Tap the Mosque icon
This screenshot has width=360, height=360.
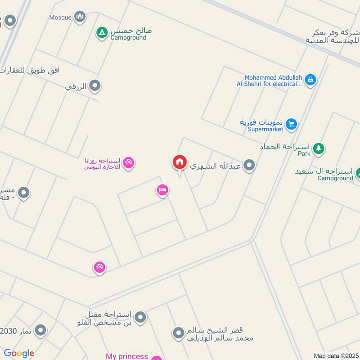[80, 17]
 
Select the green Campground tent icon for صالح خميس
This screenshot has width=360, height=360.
[102, 32]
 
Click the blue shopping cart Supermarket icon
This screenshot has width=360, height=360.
[292, 124]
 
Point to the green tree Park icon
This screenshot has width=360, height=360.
[319, 148]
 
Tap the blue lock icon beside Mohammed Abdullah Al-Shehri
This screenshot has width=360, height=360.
[310, 80]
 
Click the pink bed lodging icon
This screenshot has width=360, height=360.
[162, 190]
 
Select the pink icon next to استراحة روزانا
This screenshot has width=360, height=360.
[129, 162]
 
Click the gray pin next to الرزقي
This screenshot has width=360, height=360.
[94, 85]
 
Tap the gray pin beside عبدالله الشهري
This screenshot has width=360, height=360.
[249, 166]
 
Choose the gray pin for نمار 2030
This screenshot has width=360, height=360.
[40, 331]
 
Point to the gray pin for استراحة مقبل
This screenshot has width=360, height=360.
[140, 317]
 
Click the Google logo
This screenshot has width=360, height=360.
[19, 354]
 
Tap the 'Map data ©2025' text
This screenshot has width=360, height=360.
[335, 355]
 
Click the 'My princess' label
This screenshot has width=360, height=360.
[127, 356]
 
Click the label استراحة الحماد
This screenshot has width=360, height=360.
[285, 147]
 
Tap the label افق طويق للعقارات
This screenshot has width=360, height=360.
[30, 71]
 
